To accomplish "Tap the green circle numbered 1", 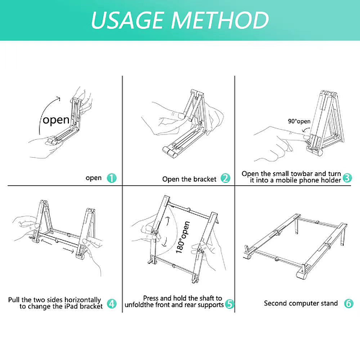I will (111, 178).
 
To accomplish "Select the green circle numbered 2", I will (226, 178).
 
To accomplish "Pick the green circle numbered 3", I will (347, 178).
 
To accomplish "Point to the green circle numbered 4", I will (112, 303).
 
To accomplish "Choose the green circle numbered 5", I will (229, 303).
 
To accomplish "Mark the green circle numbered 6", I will (348, 303).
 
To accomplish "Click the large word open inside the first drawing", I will (56, 119).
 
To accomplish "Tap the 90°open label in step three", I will (299, 121).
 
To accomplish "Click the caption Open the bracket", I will (189, 179).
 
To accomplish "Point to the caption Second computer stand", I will (301, 303).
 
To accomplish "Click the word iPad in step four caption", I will (71, 306).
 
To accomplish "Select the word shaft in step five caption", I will (200, 298).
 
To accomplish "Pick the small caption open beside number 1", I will (94, 178).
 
